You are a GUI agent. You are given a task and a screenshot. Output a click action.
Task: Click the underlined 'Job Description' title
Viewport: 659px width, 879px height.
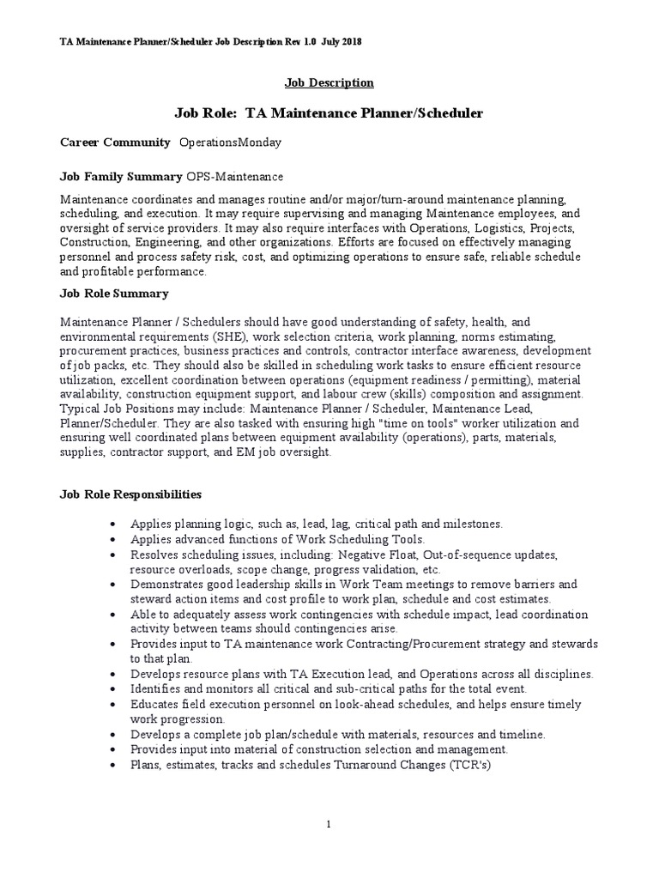329,83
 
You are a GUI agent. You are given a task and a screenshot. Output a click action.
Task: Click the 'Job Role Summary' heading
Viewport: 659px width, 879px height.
114,294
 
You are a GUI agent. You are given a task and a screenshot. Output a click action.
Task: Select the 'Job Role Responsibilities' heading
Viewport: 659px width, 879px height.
130,494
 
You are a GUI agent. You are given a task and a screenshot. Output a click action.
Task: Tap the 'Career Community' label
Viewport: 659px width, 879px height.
114,141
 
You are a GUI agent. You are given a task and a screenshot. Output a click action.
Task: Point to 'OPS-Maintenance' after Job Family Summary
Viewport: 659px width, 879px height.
235,177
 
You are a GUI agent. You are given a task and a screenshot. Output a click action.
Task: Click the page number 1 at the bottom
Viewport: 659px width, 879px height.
329,825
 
